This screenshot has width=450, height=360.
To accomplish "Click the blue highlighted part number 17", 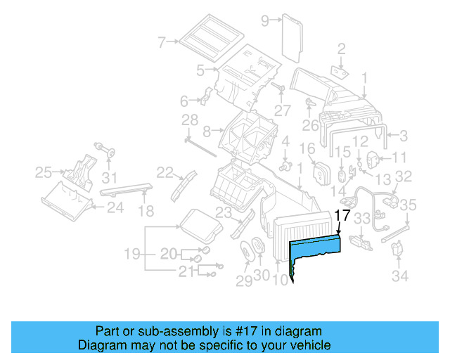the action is coord(314,247).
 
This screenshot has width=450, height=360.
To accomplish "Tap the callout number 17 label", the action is coord(342,217).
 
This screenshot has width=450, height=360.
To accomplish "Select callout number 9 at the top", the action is coord(265,21).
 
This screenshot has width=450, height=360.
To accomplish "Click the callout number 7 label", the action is coord(161,42).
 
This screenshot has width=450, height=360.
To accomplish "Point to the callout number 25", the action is coord(44,171).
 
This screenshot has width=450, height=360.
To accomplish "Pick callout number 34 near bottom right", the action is coord(399,276).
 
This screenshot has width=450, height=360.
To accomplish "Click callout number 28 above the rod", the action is coord(191,122).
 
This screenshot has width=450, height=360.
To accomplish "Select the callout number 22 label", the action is coord(165,172).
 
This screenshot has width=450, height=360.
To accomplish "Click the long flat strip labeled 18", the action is coord(126,188).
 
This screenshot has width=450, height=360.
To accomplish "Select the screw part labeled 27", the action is coord(279,89).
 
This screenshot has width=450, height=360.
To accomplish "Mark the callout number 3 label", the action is coord(404,135).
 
